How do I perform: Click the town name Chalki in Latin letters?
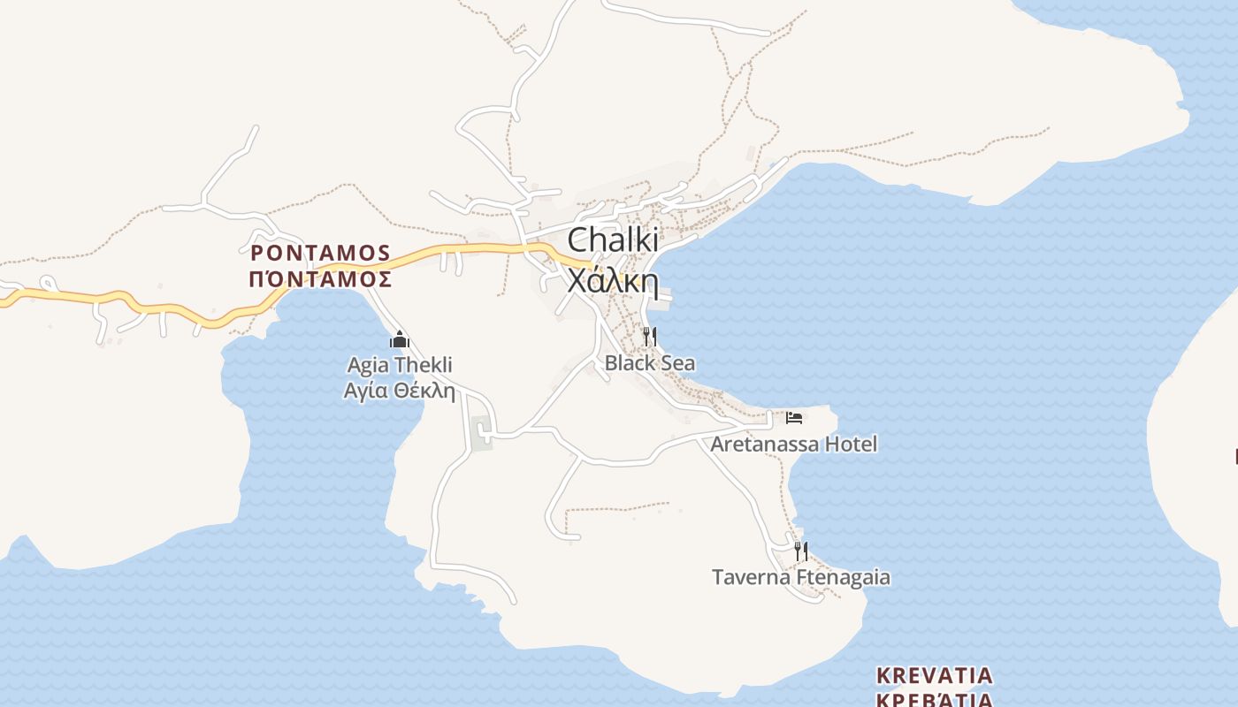pyautogui.click(x=612, y=240)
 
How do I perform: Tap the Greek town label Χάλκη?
pyautogui.click(x=612, y=280)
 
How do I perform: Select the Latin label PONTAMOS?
pyautogui.click(x=320, y=254)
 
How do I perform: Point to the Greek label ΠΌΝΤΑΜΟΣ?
pyautogui.click(x=320, y=279)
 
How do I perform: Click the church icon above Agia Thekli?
pyautogui.click(x=400, y=340)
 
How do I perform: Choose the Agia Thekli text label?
pyautogui.click(x=400, y=365)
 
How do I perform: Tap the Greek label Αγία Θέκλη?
pyautogui.click(x=400, y=390)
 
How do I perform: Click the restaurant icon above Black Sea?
pyautogui.click(x=649, y=337)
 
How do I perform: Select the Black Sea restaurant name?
pyautogui.click(x=649, y=363)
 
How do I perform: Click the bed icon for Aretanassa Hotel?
pyautogui.click(x=794, y=417)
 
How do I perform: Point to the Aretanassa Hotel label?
pyautogui.click(x=794, y=444)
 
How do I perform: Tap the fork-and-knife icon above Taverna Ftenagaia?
pyautogui.click(x=800, y=551)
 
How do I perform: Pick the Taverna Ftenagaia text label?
pyautogui.click(x=801, y=578)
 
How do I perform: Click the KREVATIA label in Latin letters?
pyautogui.click(x=935, y=676)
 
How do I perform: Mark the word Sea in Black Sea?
pyautogui.click(x=677, y=363)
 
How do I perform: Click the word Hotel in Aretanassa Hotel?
pyautogui.click(x=851, y=444)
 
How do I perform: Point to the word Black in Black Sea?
pyautogui.click(x=630, y=363)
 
